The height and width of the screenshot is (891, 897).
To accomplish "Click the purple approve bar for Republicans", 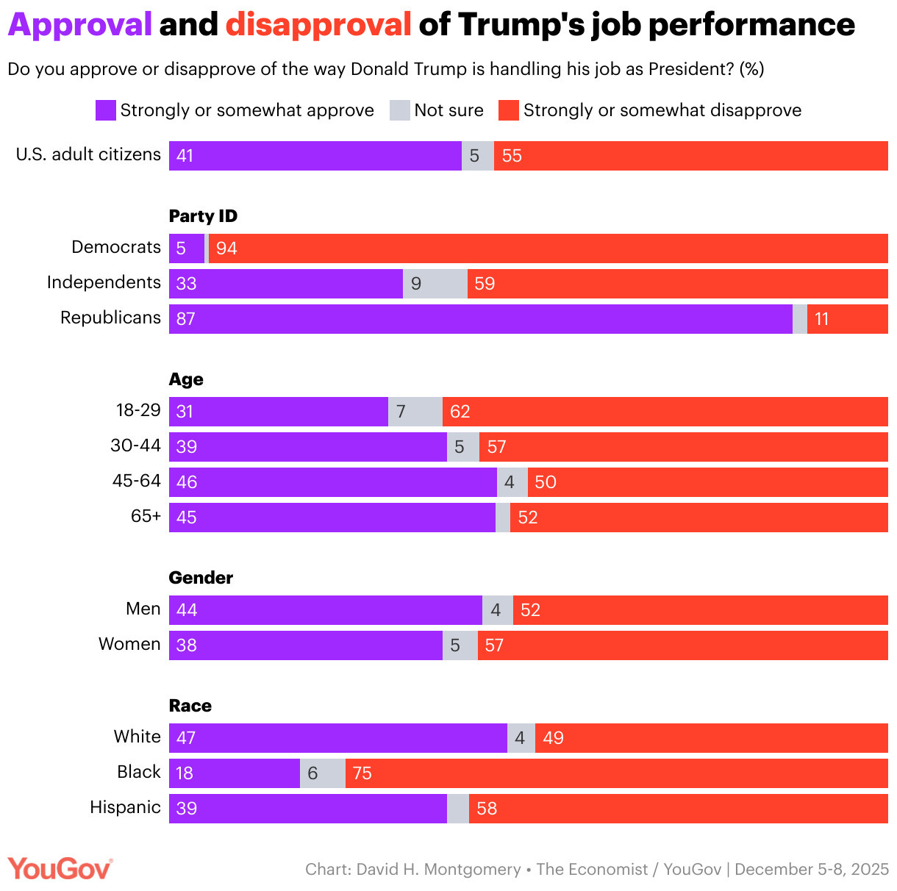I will point(481,319).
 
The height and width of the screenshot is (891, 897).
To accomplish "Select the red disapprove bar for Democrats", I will point(548,248).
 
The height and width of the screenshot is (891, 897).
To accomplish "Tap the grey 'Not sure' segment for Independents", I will point(435,284).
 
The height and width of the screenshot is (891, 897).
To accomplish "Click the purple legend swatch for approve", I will point(106,110).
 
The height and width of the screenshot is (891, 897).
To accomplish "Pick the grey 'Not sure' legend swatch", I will point(400,110).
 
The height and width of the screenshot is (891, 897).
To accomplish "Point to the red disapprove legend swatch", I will point(509,110).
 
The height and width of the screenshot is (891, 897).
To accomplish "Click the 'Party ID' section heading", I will point(203,216).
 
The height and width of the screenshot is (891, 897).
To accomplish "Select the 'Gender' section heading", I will point(201,578).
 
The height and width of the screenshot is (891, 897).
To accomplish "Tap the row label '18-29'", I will point(138,410).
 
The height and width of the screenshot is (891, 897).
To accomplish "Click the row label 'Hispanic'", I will point(125,807).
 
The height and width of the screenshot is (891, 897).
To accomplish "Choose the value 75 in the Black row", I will point(362,773).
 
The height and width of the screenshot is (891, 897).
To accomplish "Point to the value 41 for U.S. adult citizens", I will point(185,156).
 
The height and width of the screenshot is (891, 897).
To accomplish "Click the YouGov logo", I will point(60,869).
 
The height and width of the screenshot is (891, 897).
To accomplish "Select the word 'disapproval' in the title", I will point(318,25).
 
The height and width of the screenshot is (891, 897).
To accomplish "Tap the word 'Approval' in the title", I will point(79,25).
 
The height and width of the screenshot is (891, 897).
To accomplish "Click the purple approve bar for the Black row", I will point(235,773).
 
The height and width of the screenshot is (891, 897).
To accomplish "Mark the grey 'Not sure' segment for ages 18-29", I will point(415,412).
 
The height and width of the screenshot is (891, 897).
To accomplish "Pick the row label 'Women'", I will point(129,644).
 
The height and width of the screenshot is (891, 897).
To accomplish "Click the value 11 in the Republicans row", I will point(822,319).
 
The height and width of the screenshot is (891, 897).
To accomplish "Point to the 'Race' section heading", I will point(190,706).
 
